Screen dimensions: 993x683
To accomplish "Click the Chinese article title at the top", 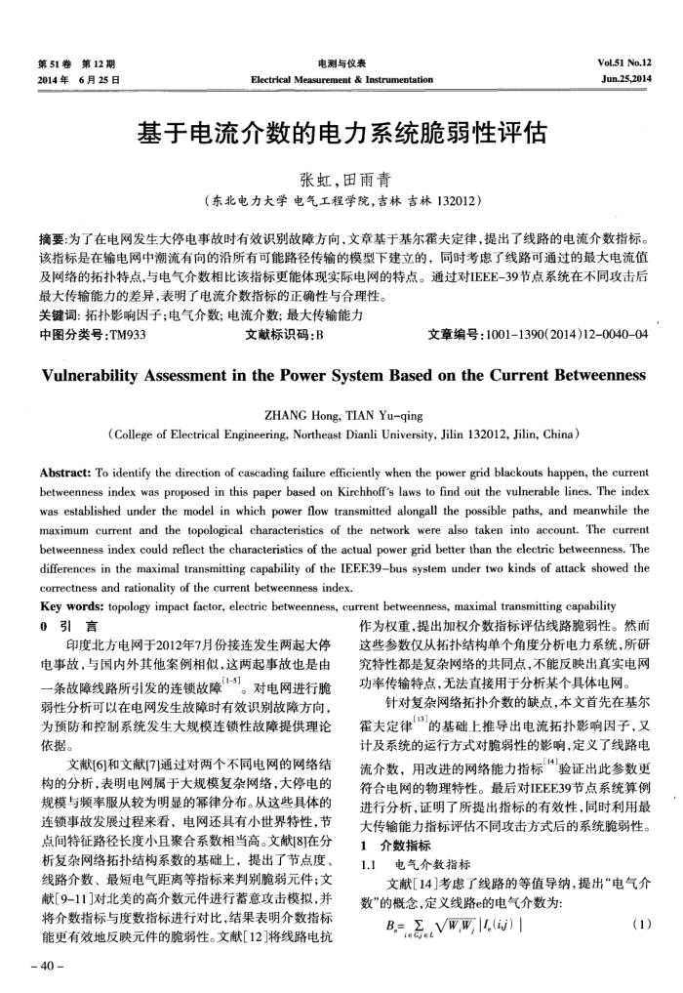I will click(x=341, y=131).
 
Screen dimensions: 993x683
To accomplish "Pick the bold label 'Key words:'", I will click(x=67, y=605).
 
